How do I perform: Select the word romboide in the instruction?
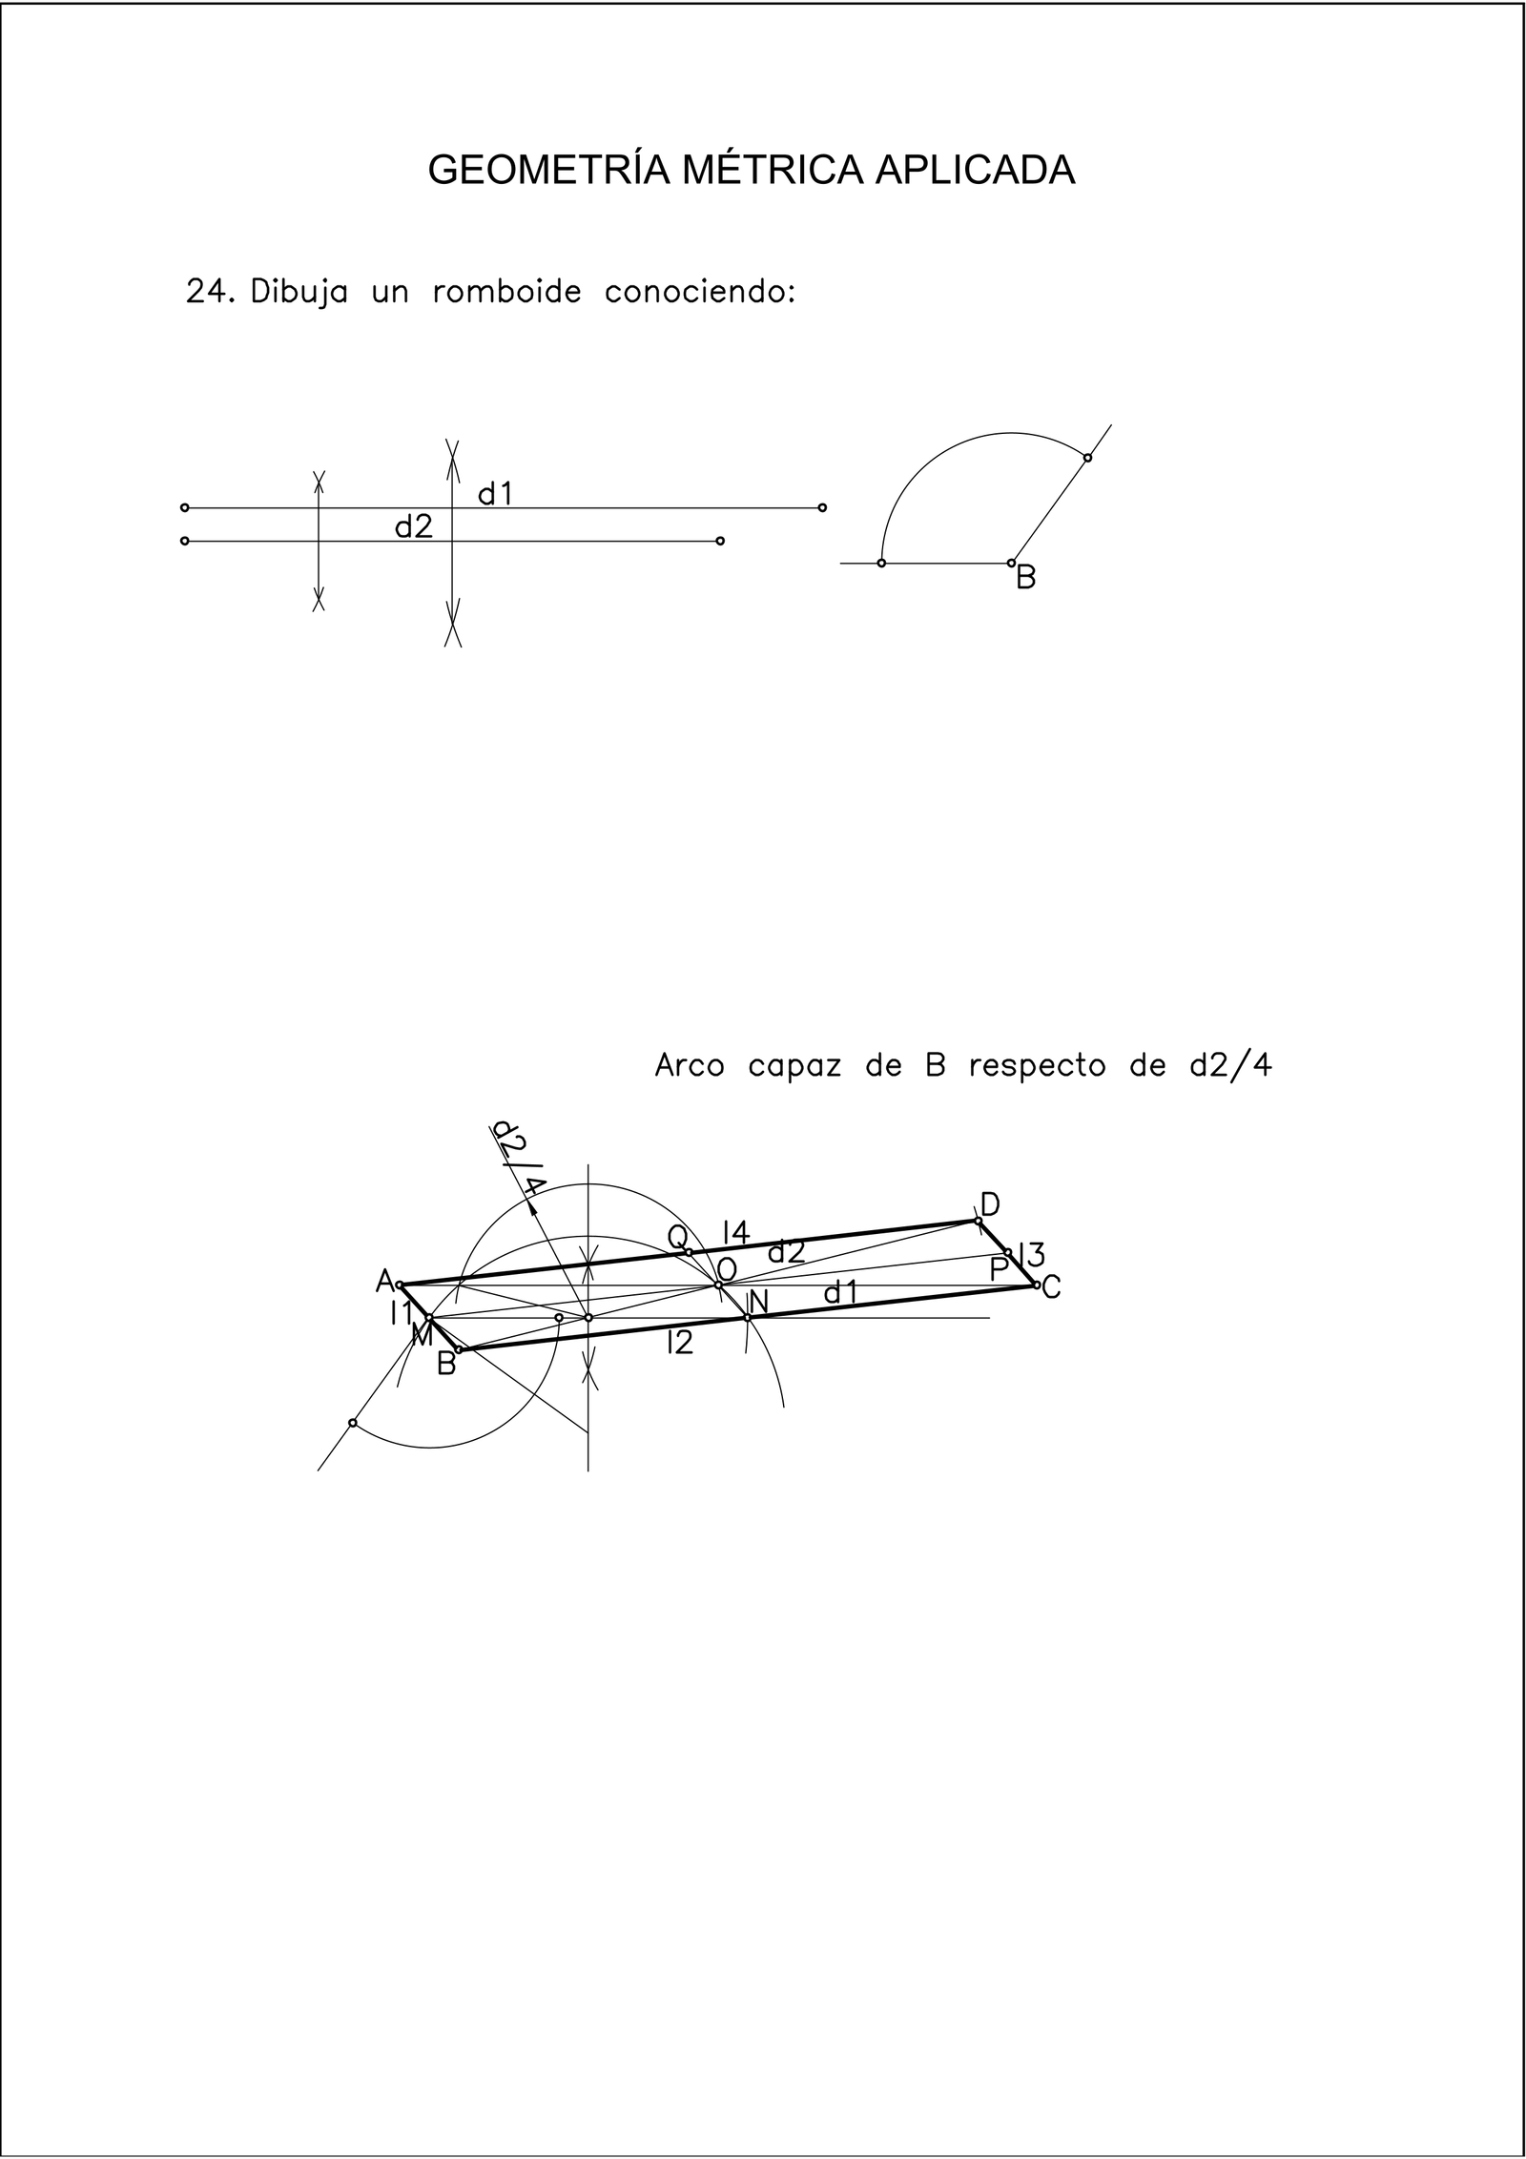point(506,292)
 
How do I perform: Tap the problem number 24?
point(209,292)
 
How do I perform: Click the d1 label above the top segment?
point(496,493)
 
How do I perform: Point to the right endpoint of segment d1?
point(822,507)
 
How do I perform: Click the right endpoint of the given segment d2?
point(720,541)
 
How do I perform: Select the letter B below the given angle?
point(1026,578)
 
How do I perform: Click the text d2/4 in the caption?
point(1230,1065)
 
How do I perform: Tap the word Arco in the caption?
point(690,1065)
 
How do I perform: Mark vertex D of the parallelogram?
point(978,1221)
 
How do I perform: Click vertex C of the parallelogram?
point(1037,1285)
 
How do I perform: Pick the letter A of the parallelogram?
point(384,1280)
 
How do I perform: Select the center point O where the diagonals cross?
point(718,1285)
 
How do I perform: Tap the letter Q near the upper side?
point(677,1238)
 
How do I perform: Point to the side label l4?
point(735,1232)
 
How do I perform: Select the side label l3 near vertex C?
point(1031,1253)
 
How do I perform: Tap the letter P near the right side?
point(1000,1270)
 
